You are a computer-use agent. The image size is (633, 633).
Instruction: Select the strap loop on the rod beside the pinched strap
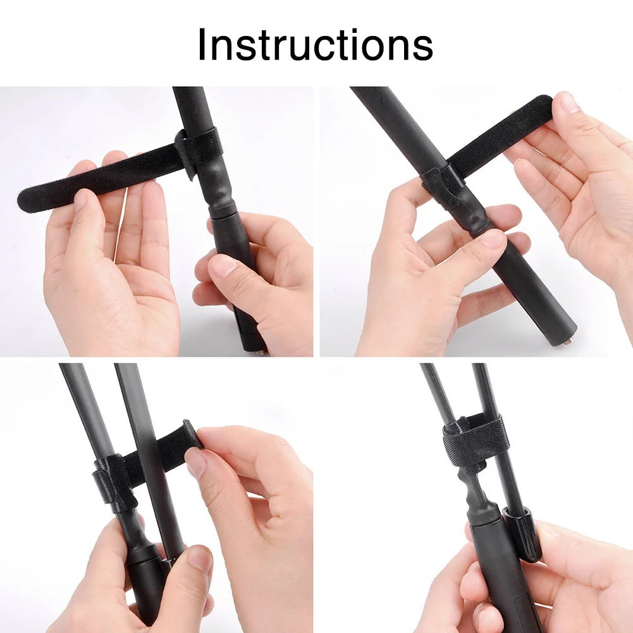(x=109, y=484)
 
